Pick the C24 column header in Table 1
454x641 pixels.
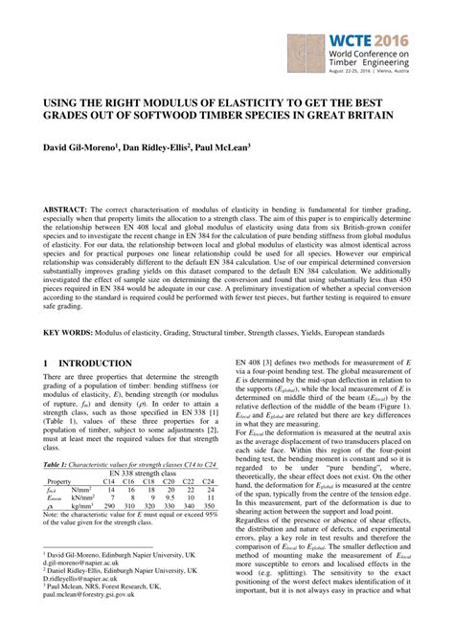point(216,480)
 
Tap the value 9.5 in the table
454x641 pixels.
point(174,497)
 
